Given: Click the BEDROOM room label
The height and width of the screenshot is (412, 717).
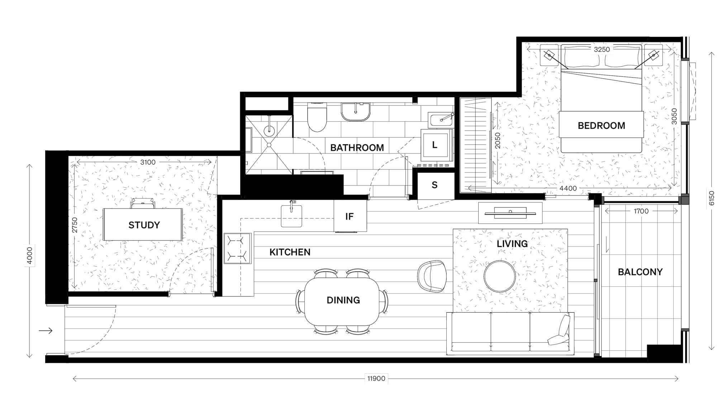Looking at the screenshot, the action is click(x=601, y=126).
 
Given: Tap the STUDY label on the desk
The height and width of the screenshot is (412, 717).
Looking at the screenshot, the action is click(x=144, y=225).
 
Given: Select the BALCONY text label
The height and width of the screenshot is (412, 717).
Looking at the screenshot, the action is click(x=640, y=272).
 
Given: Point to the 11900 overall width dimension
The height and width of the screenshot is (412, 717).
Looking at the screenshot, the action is click(x=376, y=378).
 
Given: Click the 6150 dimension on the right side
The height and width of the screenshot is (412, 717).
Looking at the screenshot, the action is click(x=712, y=198).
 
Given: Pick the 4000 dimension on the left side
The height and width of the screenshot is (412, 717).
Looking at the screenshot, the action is click(x=30, y=256).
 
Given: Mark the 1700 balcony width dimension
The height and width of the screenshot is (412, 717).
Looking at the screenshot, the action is click(x=641, y=211).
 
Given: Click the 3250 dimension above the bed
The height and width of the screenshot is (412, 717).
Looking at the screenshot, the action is click(x=602, y=50).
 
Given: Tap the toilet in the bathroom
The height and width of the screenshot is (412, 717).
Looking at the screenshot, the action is click(x=317, y=117).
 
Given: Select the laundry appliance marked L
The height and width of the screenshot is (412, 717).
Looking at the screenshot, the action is click(x=435, y=145).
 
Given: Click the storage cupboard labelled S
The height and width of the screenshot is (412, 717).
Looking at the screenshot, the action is click(x=435, y=185).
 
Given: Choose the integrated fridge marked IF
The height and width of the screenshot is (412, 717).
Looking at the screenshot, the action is click(x=350, y=216).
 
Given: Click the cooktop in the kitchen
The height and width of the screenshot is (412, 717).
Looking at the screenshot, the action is click(x=238, y=248).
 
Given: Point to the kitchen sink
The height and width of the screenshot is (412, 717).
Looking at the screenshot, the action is click(x=291, y=216).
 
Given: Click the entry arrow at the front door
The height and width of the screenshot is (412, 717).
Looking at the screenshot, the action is click(x=46, y=331).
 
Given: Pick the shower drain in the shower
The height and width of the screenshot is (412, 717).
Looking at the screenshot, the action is click(x=269, y=145).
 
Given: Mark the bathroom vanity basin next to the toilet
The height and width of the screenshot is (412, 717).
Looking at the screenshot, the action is click(x=356, y=112).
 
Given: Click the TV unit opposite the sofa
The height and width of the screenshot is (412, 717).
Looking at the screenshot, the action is click(x=510, y=213).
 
